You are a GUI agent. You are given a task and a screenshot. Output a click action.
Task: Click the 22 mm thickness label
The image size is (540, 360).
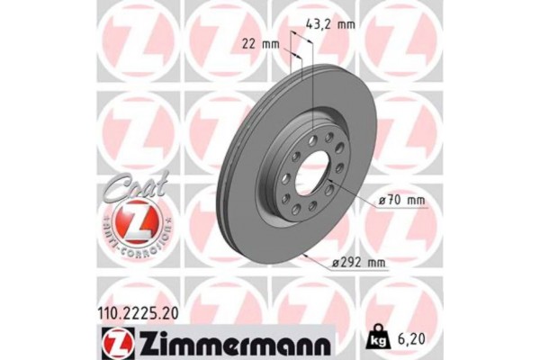(x=259, y=43)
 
